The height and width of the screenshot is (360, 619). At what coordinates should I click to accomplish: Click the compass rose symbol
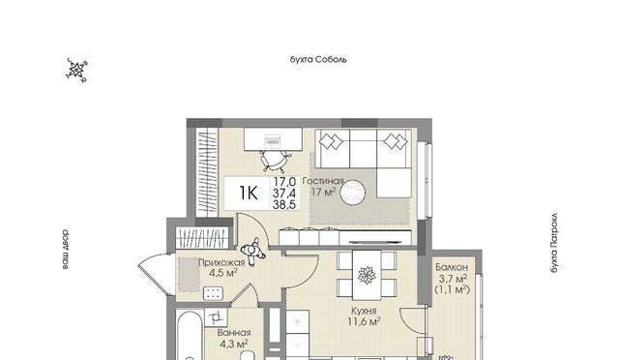pyautogui.click(x=76, y=71)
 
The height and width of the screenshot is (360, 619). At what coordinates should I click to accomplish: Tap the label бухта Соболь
pyautogui.click(x=318, y=60)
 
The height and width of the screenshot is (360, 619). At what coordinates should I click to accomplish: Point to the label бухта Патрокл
pyautogui.click(x=554, y=243)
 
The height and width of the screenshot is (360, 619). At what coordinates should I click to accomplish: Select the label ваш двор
pyautogui.click(x=65, y=249)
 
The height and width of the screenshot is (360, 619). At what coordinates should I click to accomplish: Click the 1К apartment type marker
pyautogui.click(x=249, y=193)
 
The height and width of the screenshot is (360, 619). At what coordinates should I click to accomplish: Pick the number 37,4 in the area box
pyautogui.click(x=283, y=194)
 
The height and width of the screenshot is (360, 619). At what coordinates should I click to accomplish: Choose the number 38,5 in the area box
pyautogui.click(x=283, y=204)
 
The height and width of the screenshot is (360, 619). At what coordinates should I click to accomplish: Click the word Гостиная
pyautogui.click(x=323, y=181)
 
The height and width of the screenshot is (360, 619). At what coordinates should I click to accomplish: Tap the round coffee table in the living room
pyautogui.click(x=352, y=193)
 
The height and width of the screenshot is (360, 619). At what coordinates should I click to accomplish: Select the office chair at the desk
pyautogui.click(x=274, y=160)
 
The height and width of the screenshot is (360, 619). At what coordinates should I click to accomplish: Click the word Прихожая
pyautogui.click(x=221, y=262)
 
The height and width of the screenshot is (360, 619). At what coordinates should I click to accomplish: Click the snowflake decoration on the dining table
pyautogui.click(x=367, y=275)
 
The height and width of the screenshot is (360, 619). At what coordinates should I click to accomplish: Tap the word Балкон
pyautogui.click(x=452, y=267)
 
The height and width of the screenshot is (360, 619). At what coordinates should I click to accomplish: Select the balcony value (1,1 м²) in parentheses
pyautogui.click(x=452, y=289)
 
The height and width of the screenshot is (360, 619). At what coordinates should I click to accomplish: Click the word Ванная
pyautogui.click(x=234, y=333)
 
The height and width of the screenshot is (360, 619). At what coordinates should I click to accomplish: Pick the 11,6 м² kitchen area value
pyautogui.click(x=364, y=321)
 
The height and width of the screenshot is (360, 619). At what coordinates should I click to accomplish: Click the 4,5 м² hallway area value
pyautogui.click(x=223, y=273)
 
